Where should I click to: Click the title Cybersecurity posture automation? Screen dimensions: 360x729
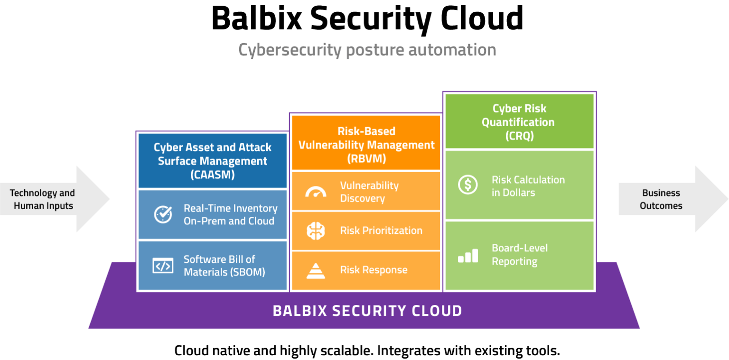(367, 50)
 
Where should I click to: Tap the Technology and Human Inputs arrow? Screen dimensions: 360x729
(52, 199)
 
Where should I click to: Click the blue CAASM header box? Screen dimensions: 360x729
(213, 161)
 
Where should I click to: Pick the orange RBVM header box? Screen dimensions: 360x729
(366, 145)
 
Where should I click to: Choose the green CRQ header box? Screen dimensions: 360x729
(519, 122)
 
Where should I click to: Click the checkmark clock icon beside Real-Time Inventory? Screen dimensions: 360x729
(163, 214)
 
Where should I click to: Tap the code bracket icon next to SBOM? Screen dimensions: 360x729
(163, 266)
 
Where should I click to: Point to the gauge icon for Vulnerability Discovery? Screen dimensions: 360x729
(316, 192)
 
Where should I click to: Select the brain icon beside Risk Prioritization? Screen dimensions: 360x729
(316, 231)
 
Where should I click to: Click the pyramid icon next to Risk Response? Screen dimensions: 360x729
(316, 270)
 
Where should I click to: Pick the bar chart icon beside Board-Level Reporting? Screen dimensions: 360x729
(468, 256)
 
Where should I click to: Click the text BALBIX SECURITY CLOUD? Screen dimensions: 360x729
(367, 311)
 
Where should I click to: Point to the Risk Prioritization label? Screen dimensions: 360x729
(381, 231)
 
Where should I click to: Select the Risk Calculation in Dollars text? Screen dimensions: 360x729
(528, 186)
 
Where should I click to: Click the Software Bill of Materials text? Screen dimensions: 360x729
(224, 266)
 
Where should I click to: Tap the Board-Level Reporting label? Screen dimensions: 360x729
(519, 255)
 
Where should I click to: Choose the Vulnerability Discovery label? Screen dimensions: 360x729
(369, 192)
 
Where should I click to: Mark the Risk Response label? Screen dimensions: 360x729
(374, 270)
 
